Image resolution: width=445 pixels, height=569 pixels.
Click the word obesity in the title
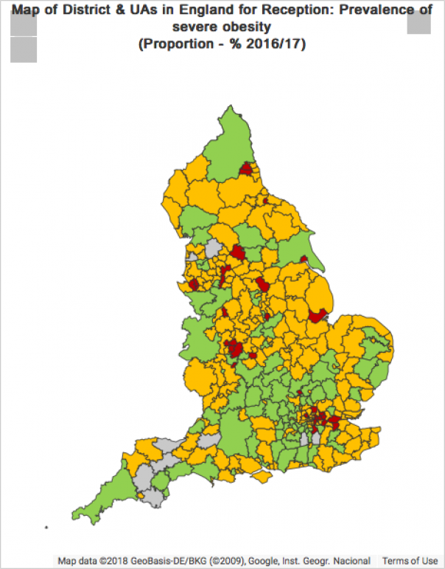pyautogui.click(x=247, y=27)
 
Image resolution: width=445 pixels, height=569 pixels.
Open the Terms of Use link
pyautogui.click(x=410, y=561)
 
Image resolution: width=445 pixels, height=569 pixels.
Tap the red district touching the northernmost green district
pyautogui.click(x=247, y=170)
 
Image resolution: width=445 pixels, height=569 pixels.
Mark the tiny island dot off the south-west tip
pyautogui.click(x=46, y=527)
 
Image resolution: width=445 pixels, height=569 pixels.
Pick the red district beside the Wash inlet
pyautogui.click(x=318, y=315)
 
